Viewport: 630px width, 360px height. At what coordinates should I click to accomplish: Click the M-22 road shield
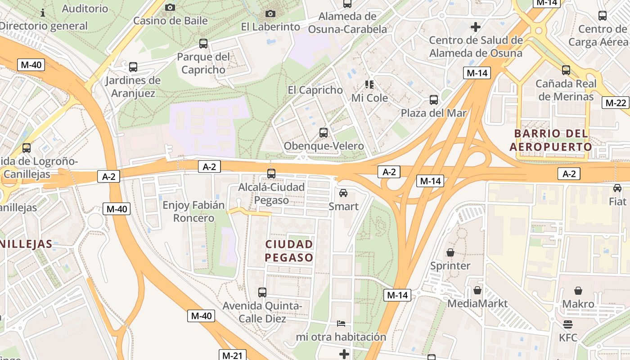click(x=616, y=103)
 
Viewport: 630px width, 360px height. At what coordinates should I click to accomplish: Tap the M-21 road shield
click(x=232, y=355)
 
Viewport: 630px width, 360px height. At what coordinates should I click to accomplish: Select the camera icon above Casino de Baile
click(x=170, y=7)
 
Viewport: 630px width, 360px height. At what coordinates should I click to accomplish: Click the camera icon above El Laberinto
click(x=270, y=14)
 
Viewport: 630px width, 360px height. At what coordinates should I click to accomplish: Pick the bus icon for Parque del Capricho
click(x=203, y=44)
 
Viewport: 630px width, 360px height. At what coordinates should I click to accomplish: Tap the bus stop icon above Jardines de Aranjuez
click(x=133, y=67)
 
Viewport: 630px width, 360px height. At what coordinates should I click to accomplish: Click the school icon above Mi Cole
click(x=369, y=85)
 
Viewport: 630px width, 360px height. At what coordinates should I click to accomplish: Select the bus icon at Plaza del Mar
click(x=434, y=100)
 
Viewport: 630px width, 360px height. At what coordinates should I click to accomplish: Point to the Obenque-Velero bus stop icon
click(x=324, y=133)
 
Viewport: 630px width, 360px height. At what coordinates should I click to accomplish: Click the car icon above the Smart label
click(x=343, y=193)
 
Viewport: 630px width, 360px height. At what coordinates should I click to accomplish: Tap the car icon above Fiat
click(x=617, y=188)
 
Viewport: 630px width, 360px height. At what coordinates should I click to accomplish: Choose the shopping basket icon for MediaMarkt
click(x=477, y=290)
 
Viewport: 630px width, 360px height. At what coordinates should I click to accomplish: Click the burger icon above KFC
click(x=568, y=324)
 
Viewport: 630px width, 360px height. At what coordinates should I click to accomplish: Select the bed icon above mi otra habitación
click(x=341, y=324)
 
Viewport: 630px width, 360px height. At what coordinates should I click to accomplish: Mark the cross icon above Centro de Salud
click(x=476, y=27)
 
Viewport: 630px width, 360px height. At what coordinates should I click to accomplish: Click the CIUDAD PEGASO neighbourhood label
click(x=289, y=251)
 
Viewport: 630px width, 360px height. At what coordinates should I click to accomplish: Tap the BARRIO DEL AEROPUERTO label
click(x=551, y=140)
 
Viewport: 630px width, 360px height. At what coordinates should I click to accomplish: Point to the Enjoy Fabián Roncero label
click(x=193, y=211)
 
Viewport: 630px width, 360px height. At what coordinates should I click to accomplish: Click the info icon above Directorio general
click(x=43, y=12)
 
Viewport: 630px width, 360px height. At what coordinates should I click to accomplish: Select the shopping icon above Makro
click(x=578, y=291)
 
